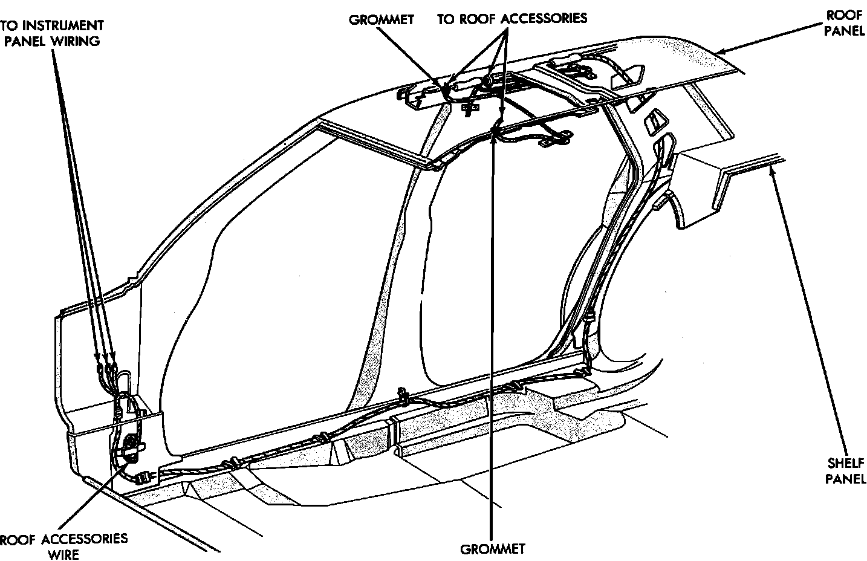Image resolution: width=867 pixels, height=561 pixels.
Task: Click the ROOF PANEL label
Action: pyautogui.click(x=844, y=23)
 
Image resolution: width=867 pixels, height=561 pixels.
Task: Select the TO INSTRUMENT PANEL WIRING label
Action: pyautogui.click(x=51, y=33)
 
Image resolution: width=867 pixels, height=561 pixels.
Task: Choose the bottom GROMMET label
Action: pyautogui.click(x=493, y=550)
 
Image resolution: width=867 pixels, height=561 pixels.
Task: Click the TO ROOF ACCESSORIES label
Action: pyautogui.click(x=512, y=18)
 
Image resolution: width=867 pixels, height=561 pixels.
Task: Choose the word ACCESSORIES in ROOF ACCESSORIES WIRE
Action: pyautogui.click(x=84, y=538)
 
